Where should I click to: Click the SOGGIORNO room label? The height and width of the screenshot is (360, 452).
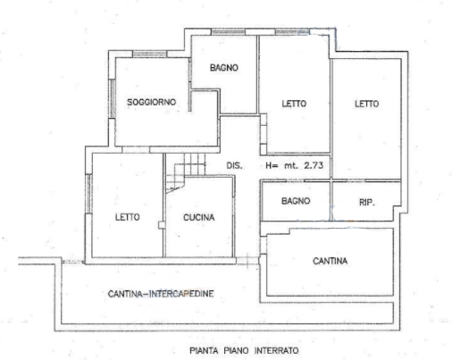pos(152,102)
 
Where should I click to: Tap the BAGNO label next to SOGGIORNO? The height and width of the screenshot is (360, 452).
pos(224,68)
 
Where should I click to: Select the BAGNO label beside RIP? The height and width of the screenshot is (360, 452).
pos(296,201)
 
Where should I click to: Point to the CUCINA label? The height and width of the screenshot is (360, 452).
pos(198,217)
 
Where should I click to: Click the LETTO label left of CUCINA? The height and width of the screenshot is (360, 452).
pos(128,217)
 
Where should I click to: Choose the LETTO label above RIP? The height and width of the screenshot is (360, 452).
pos(367,104)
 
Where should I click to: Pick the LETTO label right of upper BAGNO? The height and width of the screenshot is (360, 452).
pos(294,104)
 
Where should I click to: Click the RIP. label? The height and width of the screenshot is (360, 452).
pos(367,203)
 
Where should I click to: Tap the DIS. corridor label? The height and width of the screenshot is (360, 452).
pos(234,165)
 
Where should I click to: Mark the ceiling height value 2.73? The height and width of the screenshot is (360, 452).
pos(314,165)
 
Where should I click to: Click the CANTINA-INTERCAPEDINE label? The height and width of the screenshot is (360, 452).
pos(161,294)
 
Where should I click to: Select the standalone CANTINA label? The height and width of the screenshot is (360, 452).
pos(330,261)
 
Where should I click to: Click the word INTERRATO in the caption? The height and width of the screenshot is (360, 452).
pos(276,350)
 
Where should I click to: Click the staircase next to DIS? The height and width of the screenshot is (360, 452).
pos(186,172)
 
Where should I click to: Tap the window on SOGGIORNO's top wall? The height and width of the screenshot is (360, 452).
pos(149,54)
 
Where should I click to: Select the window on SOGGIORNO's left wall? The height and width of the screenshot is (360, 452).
pos(113,98)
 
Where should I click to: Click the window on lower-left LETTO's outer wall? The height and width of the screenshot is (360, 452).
pos(88,194)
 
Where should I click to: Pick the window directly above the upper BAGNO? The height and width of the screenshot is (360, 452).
pos(229,32)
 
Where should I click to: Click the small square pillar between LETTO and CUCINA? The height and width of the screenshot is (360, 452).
pos(162,225)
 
